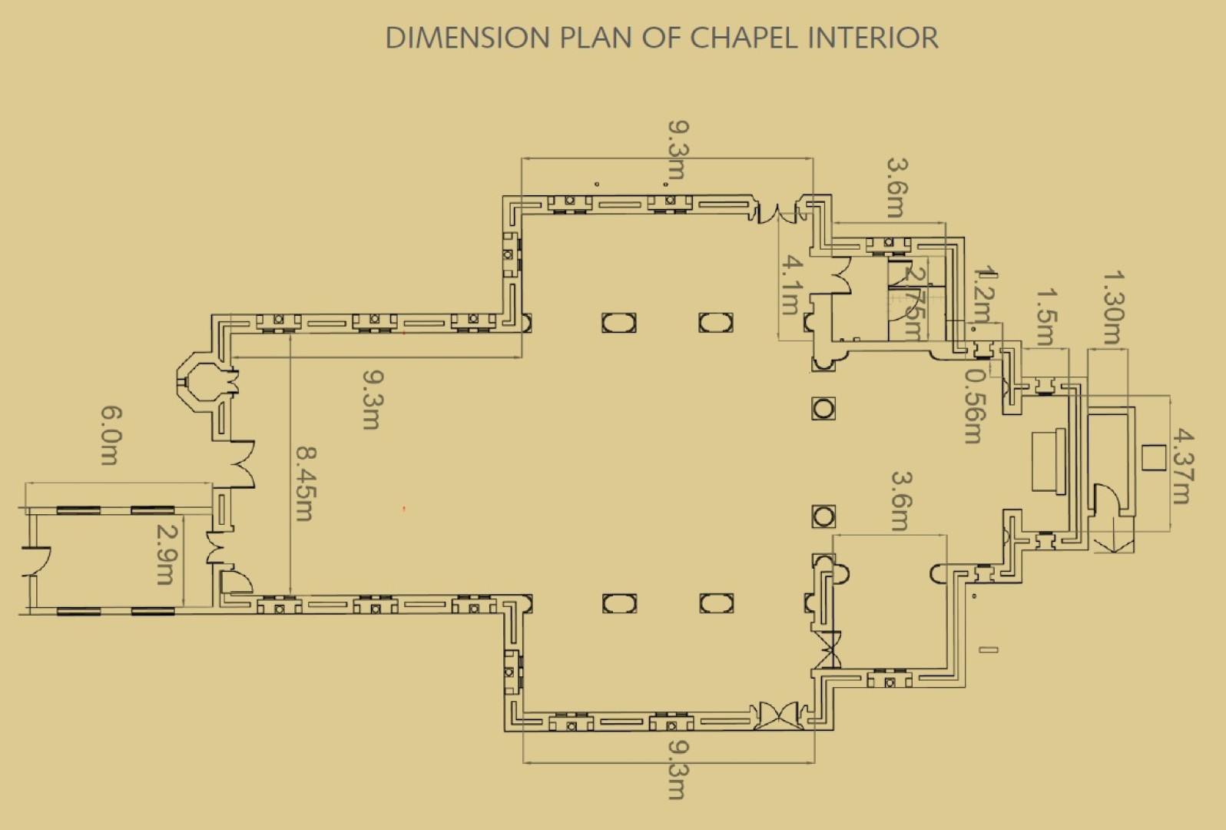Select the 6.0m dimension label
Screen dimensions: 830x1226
pyautogui.click(x=110, y=436)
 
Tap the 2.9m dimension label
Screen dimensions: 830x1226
pyautogui.click(x=166, y=553)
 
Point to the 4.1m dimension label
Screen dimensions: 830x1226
pyautogui.click(x=792, y=286)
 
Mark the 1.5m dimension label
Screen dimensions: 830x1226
pyautogui.click(x=1045, y=315)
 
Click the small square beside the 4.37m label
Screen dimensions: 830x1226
pyautogui.click(x=1151, y=457)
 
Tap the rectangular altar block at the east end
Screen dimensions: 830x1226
pyautogui.click(x=1049, y=462)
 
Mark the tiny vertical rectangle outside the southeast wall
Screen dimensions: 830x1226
pyautogui.click(x=989, y=650)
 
